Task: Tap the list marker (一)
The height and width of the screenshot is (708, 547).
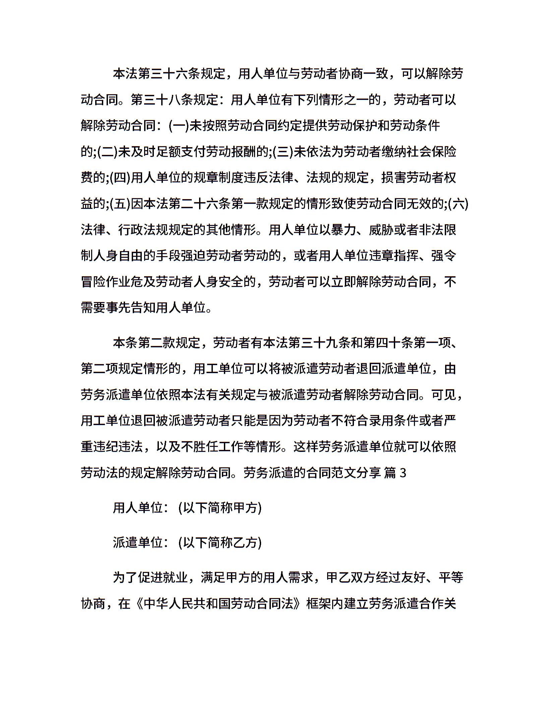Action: [179, 126]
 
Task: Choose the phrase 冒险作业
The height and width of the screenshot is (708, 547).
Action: [106, 282]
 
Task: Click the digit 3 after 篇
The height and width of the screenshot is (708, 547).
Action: [403, 473]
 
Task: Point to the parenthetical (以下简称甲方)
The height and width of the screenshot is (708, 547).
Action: [220, 508]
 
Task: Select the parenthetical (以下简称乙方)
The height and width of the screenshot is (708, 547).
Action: [220, 543]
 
